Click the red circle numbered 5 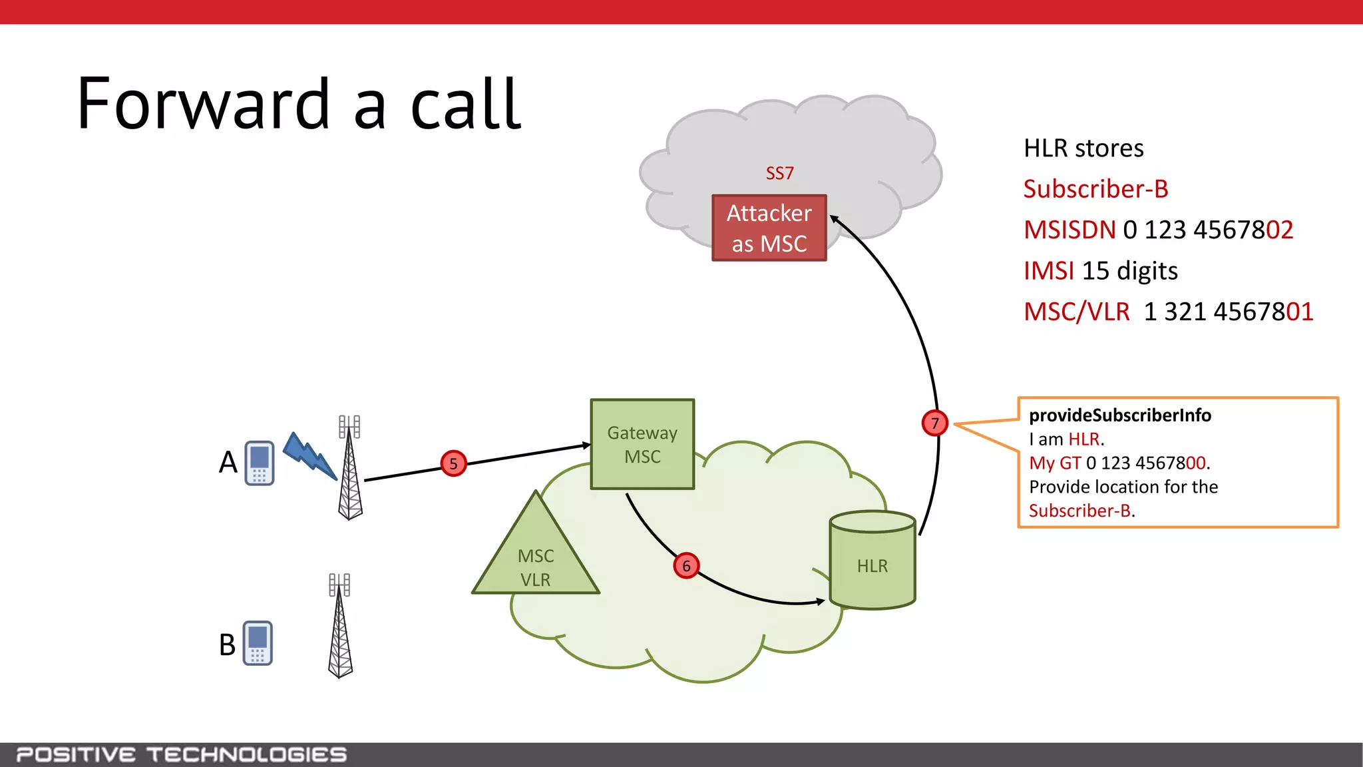pos(453,463)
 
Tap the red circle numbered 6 pos(686,566)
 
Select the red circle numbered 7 pos(935,423)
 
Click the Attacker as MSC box pos(769,228)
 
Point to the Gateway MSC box pos(642,444)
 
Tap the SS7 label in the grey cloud pos(779,173)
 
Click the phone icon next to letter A pos(260,463)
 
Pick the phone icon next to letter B pos(258,643)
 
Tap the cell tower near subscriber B pos(340,626)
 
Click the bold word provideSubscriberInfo pos(1119,415)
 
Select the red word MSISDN pos(1070,230)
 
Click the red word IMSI pos(1049,271)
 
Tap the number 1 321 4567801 pos(1229,312)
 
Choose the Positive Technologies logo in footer pos(181,754)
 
